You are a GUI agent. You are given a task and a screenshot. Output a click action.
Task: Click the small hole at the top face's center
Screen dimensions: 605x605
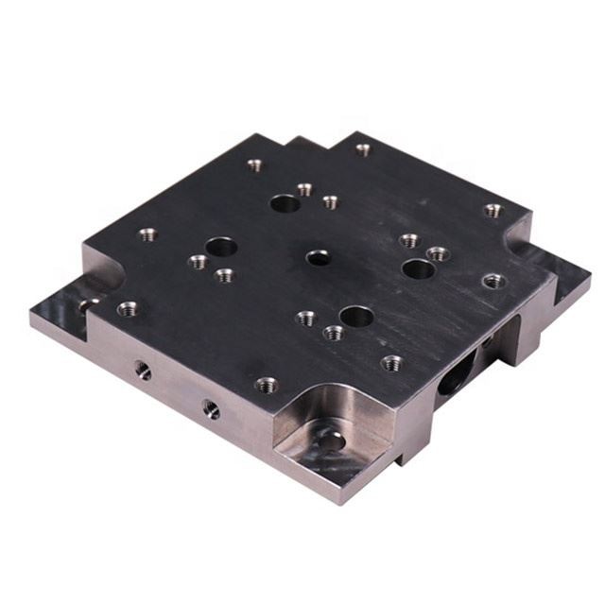pyautogui.click(x=319, y=256)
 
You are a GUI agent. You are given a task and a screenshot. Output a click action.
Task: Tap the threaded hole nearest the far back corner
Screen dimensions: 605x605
pyautogui.click(x=363, y=149)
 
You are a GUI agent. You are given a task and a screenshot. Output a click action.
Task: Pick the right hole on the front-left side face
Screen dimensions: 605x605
pyautogui.click(x=211, y=408)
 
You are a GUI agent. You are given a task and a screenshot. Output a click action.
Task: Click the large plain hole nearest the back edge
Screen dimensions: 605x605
pyautogui.click(x=284, y=202)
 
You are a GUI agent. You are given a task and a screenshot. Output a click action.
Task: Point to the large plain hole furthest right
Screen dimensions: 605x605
pyautogui.click(x=418, y=269)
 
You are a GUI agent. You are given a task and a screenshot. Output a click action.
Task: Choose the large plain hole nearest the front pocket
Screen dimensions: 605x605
pyautogui.click(x=356, y=317)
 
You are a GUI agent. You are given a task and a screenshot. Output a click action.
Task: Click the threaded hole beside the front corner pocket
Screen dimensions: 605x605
pyautogui.click(x=267, y=384)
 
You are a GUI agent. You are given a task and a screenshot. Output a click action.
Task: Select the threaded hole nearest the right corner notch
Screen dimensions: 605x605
pyautogui.click(x=493, y=210)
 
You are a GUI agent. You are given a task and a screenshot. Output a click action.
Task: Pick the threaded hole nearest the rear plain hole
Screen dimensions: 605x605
pyautogui.click(x=304, y=189)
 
